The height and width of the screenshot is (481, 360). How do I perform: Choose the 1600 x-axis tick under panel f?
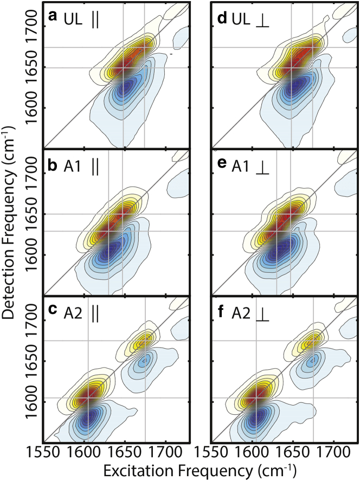pyautogui.click(x=252, y=451)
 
